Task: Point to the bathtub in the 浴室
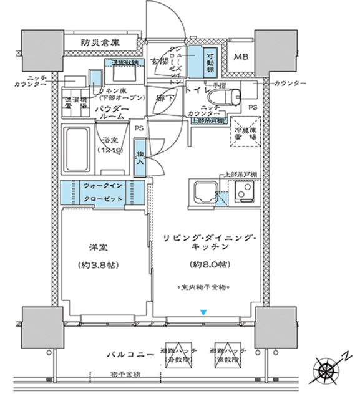tap(77, 150)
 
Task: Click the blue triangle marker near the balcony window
tap(202, 312)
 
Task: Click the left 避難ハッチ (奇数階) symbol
tap(179, 355)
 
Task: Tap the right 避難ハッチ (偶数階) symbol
tap(229, 355)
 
